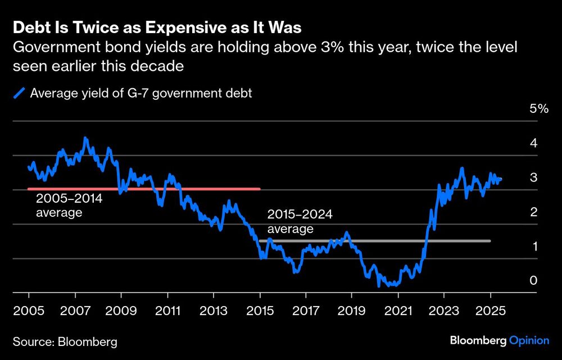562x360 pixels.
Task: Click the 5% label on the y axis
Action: pyautogui.click(x=538, y=109)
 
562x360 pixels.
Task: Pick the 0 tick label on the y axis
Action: pyautogui.click(x=534, y=281)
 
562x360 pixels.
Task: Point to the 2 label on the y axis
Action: pyautogui.click(x=534, y=212)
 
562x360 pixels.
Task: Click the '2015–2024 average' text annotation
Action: pyautogui.click(x=300, y=222)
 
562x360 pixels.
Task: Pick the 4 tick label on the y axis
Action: pyautogui.click(x=534, y=143)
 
